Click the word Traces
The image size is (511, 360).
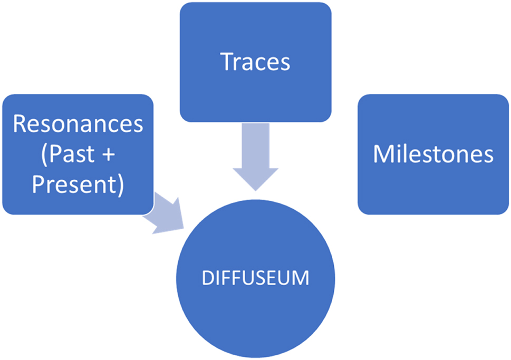(x=256, y=62)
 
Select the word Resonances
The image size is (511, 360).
(x=78, y=124)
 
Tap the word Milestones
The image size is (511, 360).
(x=433, y=154)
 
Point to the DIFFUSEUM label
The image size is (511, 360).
(x=256, y=277)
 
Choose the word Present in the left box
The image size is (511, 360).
(x=74, y=185)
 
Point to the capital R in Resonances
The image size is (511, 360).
(x=20, y=124)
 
